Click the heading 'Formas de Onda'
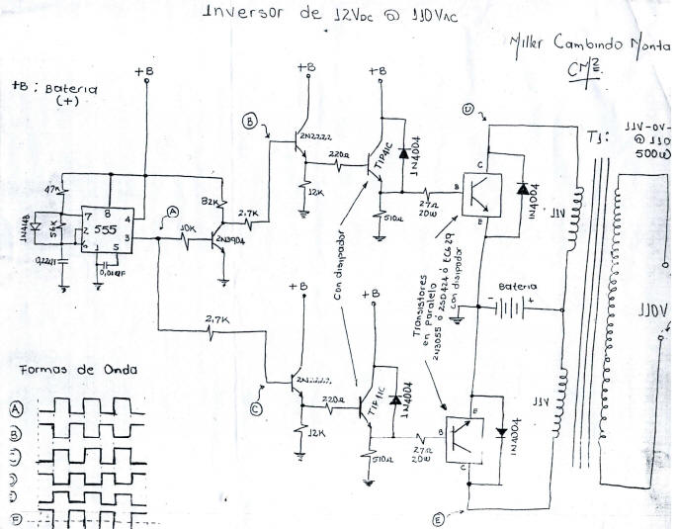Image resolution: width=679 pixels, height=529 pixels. tap(77, 370)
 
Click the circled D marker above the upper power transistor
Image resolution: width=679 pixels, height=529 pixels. tap(467, 110)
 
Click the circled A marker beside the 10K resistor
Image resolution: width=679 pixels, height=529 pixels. tap(174, 212)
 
